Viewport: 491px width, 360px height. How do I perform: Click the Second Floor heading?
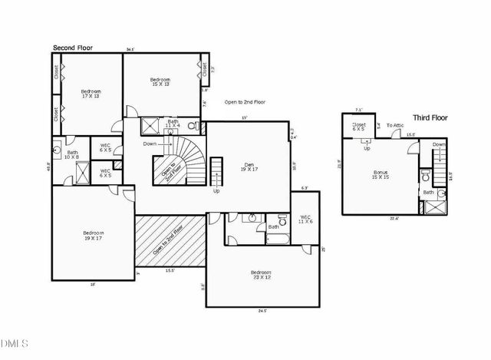point(73,48)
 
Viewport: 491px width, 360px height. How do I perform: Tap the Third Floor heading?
point(430,117)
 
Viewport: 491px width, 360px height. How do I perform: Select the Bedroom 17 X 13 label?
point(91,94)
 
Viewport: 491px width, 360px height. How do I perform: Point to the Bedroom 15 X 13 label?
point(160,83)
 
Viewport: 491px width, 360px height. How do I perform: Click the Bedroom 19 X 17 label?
point(93,235)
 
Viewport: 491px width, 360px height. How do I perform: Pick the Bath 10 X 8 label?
point(72,154)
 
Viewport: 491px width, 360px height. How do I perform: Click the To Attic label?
point(395,125)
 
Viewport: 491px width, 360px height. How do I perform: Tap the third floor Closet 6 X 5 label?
point(359,127)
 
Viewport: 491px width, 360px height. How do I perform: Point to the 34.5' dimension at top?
point(130,50)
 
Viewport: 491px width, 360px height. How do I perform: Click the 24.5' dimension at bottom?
point(262,310)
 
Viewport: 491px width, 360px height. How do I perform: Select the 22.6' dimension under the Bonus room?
point(394,218)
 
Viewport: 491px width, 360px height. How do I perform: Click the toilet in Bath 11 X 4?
point(193,125)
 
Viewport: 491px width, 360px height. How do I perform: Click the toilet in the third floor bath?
point(423,173)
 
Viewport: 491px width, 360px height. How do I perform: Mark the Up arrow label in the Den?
point(216,190)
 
